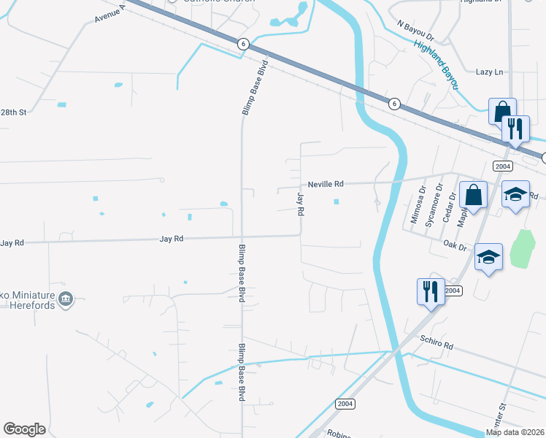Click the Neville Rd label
(326, 185)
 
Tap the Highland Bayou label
(437, 64)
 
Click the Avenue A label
(109, 13)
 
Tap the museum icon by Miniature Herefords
(66, 298)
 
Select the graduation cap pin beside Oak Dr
(488, 258)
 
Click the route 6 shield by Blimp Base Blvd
(244, 45)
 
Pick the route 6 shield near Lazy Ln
(393, 104)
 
